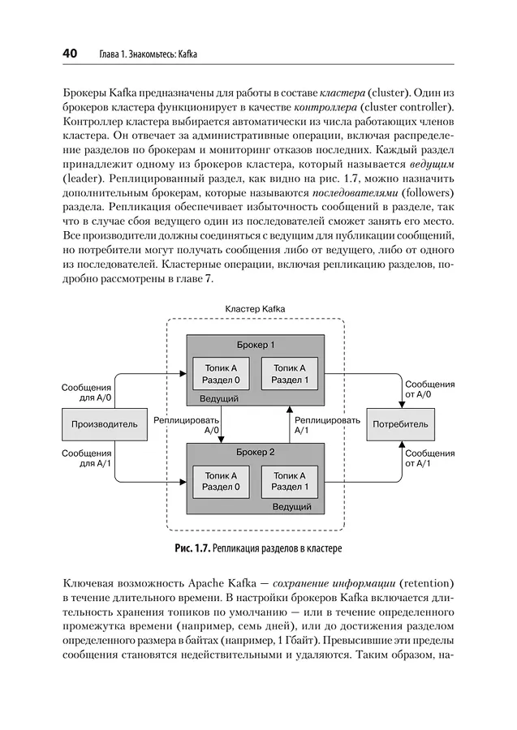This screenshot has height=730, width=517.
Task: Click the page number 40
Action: [70, 54]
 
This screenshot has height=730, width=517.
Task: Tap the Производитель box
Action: [105, 424]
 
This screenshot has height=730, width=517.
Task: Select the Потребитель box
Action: [400, 424]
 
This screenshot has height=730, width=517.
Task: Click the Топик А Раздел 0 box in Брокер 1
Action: [221, 373]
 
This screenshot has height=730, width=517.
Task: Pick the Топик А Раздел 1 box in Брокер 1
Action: [290, 373]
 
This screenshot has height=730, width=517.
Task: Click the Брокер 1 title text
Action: [256, 345]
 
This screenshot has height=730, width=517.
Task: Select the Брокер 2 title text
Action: [256, 452]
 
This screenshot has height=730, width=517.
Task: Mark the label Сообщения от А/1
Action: [429, 458]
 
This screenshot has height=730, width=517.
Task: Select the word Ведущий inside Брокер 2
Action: [292, 507]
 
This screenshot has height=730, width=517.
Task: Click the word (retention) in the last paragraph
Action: [425, 583]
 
